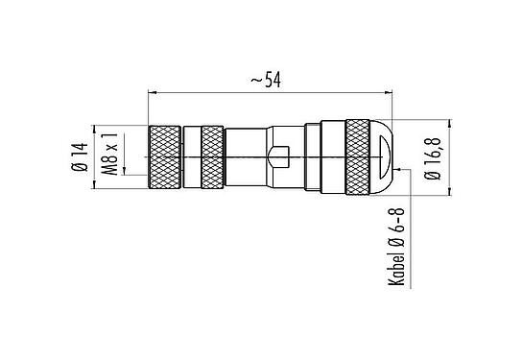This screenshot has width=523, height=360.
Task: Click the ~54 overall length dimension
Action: pyautogui.click(x=271, y=82)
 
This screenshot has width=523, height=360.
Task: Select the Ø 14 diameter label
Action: pyautogui.click(x=76, y=156)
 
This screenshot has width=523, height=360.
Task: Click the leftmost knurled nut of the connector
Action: pyautogui.click(x=165, y=156)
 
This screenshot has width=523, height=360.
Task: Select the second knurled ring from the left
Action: pyautogui.click(x=203, y=156)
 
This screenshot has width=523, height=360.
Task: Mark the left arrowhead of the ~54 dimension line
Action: pyautogui.click(x=154, y=93)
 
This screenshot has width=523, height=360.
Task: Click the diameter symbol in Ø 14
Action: pyautogui.click(x=76, y=170)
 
